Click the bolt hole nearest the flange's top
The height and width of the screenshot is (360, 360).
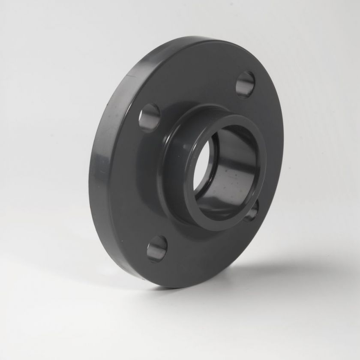tap(245, 84)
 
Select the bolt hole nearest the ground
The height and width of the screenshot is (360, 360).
tap(157, 248)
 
